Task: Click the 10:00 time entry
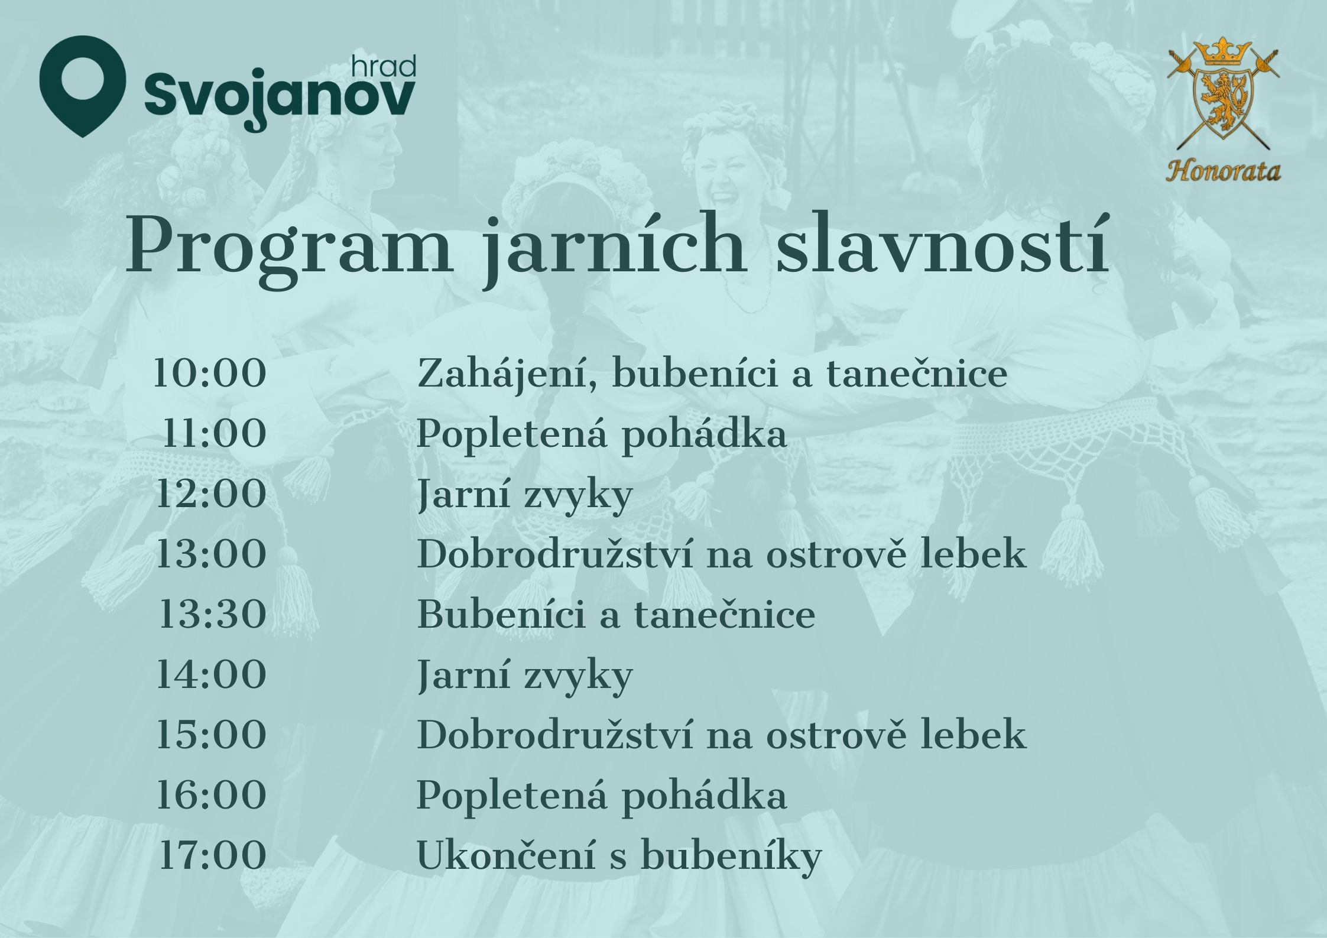click(x=210, y=374)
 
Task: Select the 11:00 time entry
click(x=214, y=434)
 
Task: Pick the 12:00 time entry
click(x=211, y=494)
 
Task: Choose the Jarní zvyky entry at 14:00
click(x=525, y=676)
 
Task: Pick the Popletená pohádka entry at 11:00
click(x=602, y=436)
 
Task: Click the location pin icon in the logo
click(x=83, y=86)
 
